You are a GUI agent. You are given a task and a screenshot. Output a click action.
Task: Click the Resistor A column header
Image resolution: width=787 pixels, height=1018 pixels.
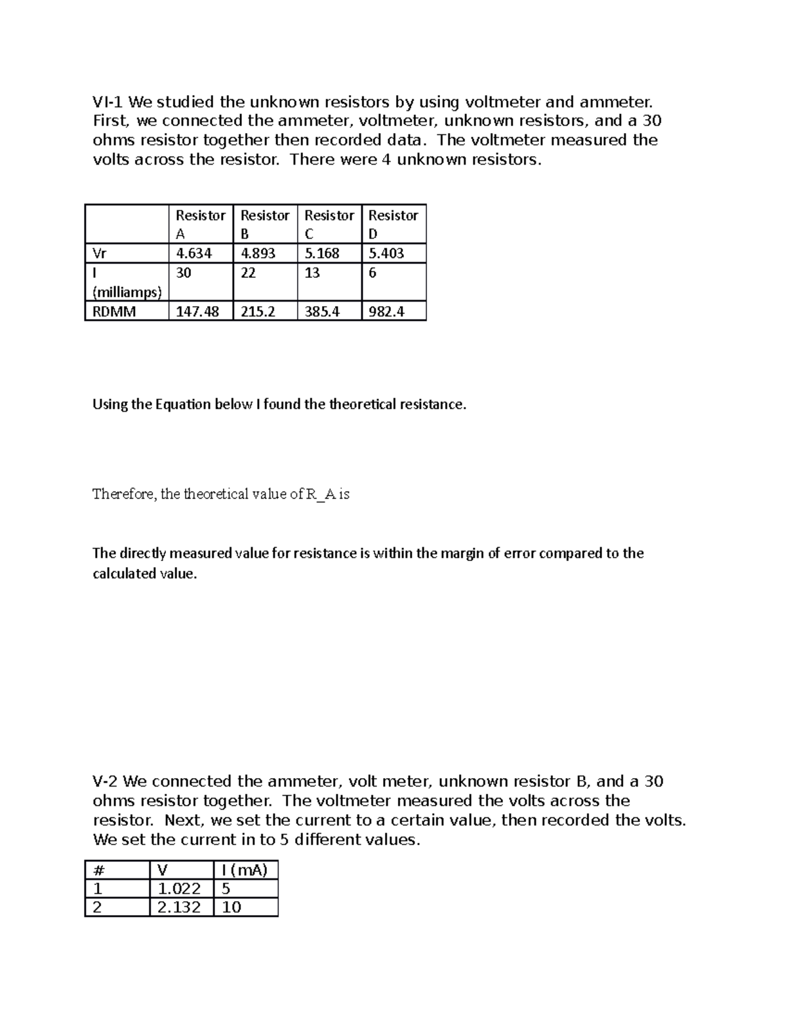tap(200, 224)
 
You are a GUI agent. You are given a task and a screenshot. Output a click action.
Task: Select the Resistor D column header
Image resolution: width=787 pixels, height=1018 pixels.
tap(393, 224)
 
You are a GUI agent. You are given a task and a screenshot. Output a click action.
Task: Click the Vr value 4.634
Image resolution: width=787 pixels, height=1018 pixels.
tap(193, 254)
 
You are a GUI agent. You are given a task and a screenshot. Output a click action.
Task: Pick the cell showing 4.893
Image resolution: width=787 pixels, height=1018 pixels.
tap(258, 254)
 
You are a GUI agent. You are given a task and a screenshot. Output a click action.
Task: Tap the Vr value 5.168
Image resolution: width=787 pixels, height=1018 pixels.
tap(322, 254)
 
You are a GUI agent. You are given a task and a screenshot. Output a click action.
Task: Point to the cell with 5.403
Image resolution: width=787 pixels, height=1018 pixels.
tap(386, 254)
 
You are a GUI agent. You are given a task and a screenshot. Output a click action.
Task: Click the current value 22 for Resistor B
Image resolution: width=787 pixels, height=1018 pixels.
tap(248, 273)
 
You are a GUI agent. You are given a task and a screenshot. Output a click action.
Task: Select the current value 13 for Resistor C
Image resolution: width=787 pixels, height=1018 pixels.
tap(312, 273)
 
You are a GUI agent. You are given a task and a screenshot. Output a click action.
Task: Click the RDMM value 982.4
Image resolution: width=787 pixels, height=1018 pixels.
tap(386, 311)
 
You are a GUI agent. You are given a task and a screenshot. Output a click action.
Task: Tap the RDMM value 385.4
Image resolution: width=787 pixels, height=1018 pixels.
tap(322, 311)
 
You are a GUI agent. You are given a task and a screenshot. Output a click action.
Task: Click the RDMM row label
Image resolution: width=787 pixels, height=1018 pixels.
tap(114, 311)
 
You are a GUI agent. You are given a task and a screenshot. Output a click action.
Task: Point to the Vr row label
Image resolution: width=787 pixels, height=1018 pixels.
tap(99, 254)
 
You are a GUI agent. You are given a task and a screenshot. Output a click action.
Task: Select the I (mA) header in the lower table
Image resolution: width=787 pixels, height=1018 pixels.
tap(245, 870)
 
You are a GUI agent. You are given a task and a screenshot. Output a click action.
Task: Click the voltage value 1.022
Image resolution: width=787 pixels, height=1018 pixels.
tap(179, 889)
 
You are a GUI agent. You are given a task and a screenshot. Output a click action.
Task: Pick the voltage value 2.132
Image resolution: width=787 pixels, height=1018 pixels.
tap(179, 907)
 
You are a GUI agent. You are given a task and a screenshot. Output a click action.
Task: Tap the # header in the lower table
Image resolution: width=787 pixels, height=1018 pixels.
tap(99, 870)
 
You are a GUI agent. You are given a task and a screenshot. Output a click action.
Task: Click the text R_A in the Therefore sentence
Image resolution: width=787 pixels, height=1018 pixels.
tap(321, 494)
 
